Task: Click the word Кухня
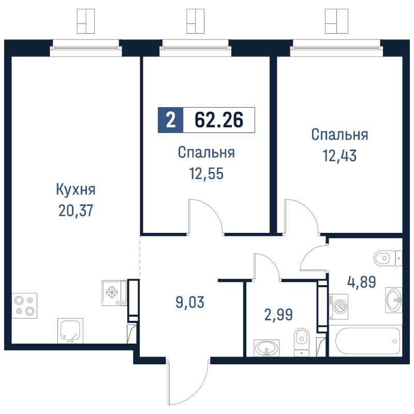(x=76, y=189)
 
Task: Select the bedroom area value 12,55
(x=206, y=173)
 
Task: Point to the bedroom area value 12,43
(x=339, y=155)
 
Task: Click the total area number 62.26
(x=219, y=120)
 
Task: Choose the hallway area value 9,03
(x=190, y=302)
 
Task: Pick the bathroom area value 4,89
(x=361, y=283)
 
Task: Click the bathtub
(x=368, y=341)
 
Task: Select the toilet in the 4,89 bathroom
(x=388, y=257)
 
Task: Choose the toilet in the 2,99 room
(x=301, y=341)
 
